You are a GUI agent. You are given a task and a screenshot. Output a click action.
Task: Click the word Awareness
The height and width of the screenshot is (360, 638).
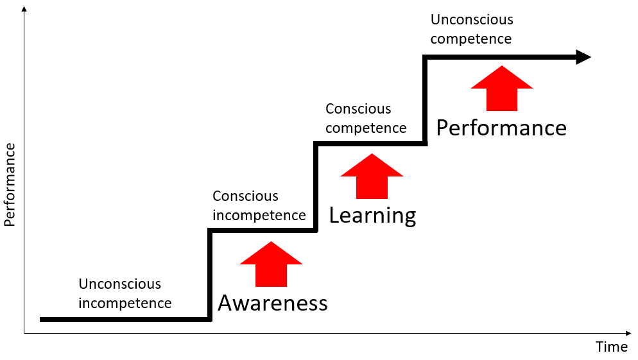click(273, 303)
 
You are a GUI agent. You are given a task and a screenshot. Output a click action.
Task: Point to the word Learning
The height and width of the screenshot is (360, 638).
click(372, 216)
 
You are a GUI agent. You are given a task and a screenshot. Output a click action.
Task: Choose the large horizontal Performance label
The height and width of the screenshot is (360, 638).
click(501, 128)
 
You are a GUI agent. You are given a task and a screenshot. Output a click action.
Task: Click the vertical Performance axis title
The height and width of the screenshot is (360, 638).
click(10, 185)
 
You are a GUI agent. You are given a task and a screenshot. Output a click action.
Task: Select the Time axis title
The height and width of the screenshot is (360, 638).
click(612, 347)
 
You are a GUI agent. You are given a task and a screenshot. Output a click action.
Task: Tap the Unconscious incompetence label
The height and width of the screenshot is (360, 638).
click(125, 293)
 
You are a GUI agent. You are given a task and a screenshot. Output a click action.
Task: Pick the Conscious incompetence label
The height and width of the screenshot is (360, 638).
click(259, 205)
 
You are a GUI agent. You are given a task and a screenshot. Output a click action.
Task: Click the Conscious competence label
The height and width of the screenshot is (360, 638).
click(366, 118)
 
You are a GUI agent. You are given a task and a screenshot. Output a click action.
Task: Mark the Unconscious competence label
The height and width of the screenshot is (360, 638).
click(472, 29)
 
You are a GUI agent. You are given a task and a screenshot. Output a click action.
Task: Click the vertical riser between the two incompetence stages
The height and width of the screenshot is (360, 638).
click(210, 275)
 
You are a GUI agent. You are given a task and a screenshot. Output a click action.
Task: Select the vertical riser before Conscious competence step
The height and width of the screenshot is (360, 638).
click(315, 187)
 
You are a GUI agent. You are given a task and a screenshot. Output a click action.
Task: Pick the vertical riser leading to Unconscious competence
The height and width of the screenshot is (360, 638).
click(424, 100)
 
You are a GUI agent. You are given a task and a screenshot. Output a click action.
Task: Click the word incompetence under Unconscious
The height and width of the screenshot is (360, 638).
click(125, 303)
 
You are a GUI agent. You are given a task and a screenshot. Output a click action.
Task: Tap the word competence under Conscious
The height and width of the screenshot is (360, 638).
click(366, 128)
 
